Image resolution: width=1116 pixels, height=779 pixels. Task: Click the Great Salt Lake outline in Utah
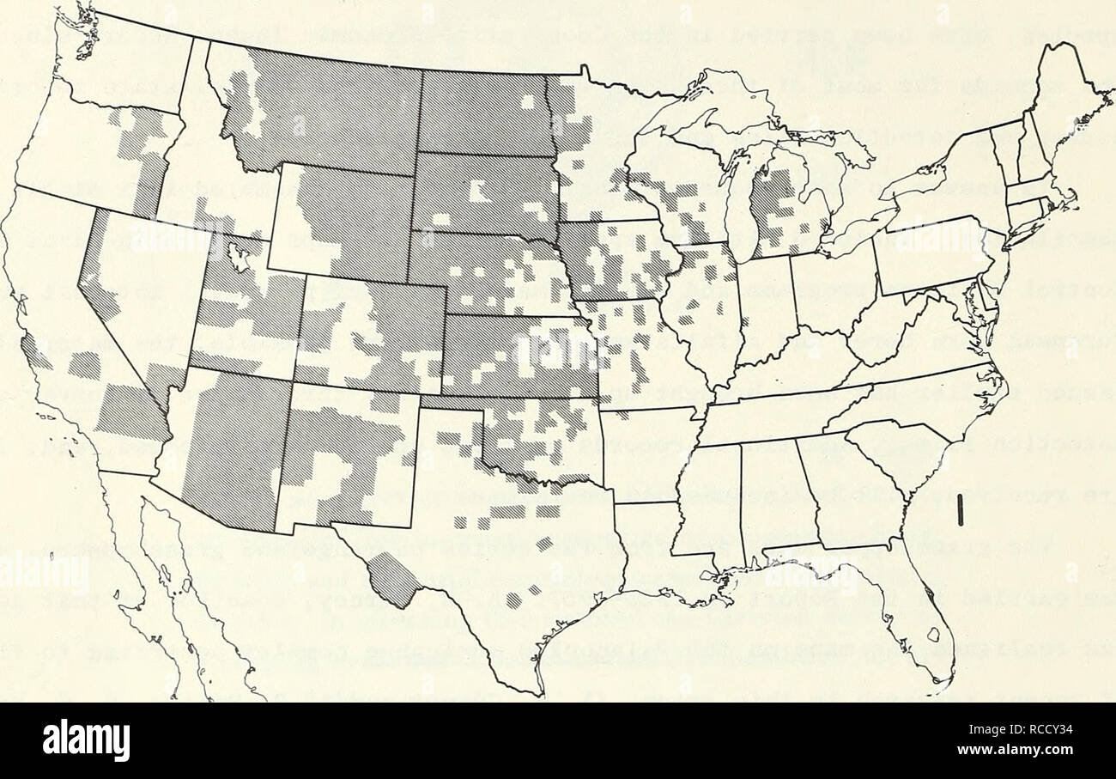(x=238, y=255)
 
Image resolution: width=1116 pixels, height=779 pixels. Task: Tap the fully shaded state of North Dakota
(x=482, y=114)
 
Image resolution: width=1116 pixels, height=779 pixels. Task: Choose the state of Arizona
(x=227, y=447)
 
